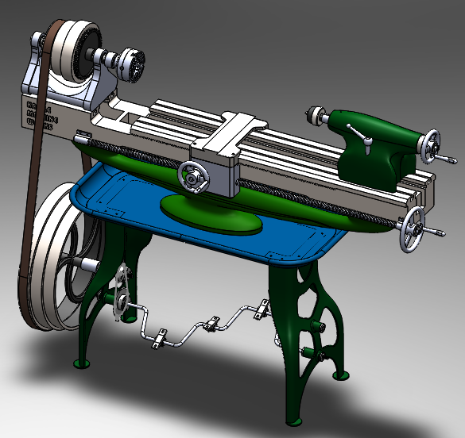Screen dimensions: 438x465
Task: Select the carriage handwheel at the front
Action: pos(193,176)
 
